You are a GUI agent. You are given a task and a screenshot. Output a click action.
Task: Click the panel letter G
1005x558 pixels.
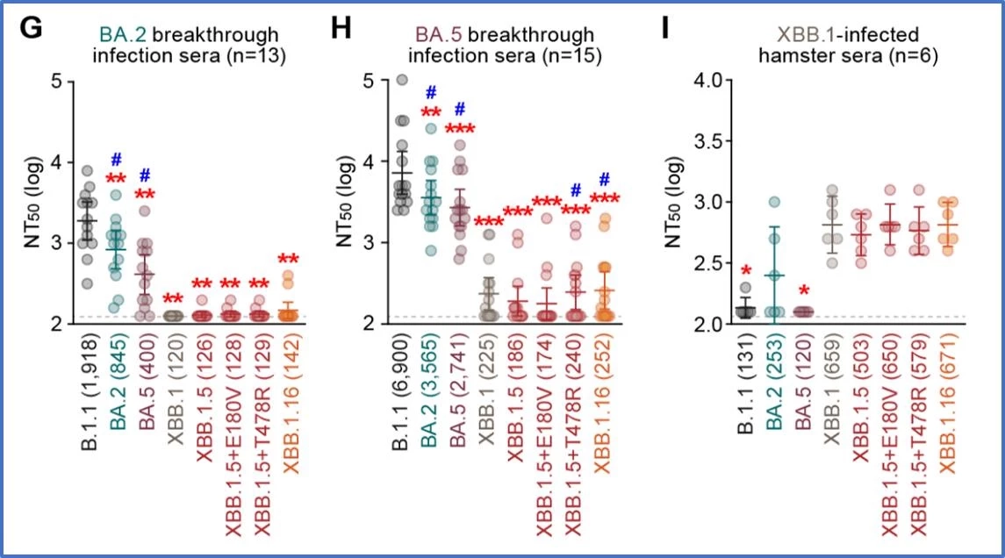32,28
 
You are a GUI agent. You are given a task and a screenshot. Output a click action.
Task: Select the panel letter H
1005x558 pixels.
341,28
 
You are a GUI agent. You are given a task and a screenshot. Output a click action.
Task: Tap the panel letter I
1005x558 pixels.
667,28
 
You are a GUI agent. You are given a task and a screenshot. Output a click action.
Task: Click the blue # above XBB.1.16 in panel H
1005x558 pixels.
604,179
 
